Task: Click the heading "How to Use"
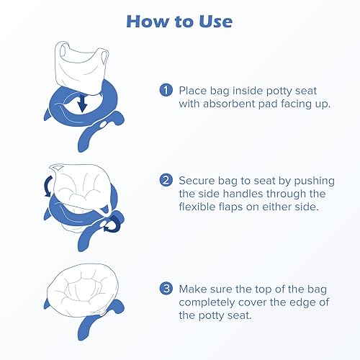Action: [x=179, y=21]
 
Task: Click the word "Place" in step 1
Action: [x=194, y=90]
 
